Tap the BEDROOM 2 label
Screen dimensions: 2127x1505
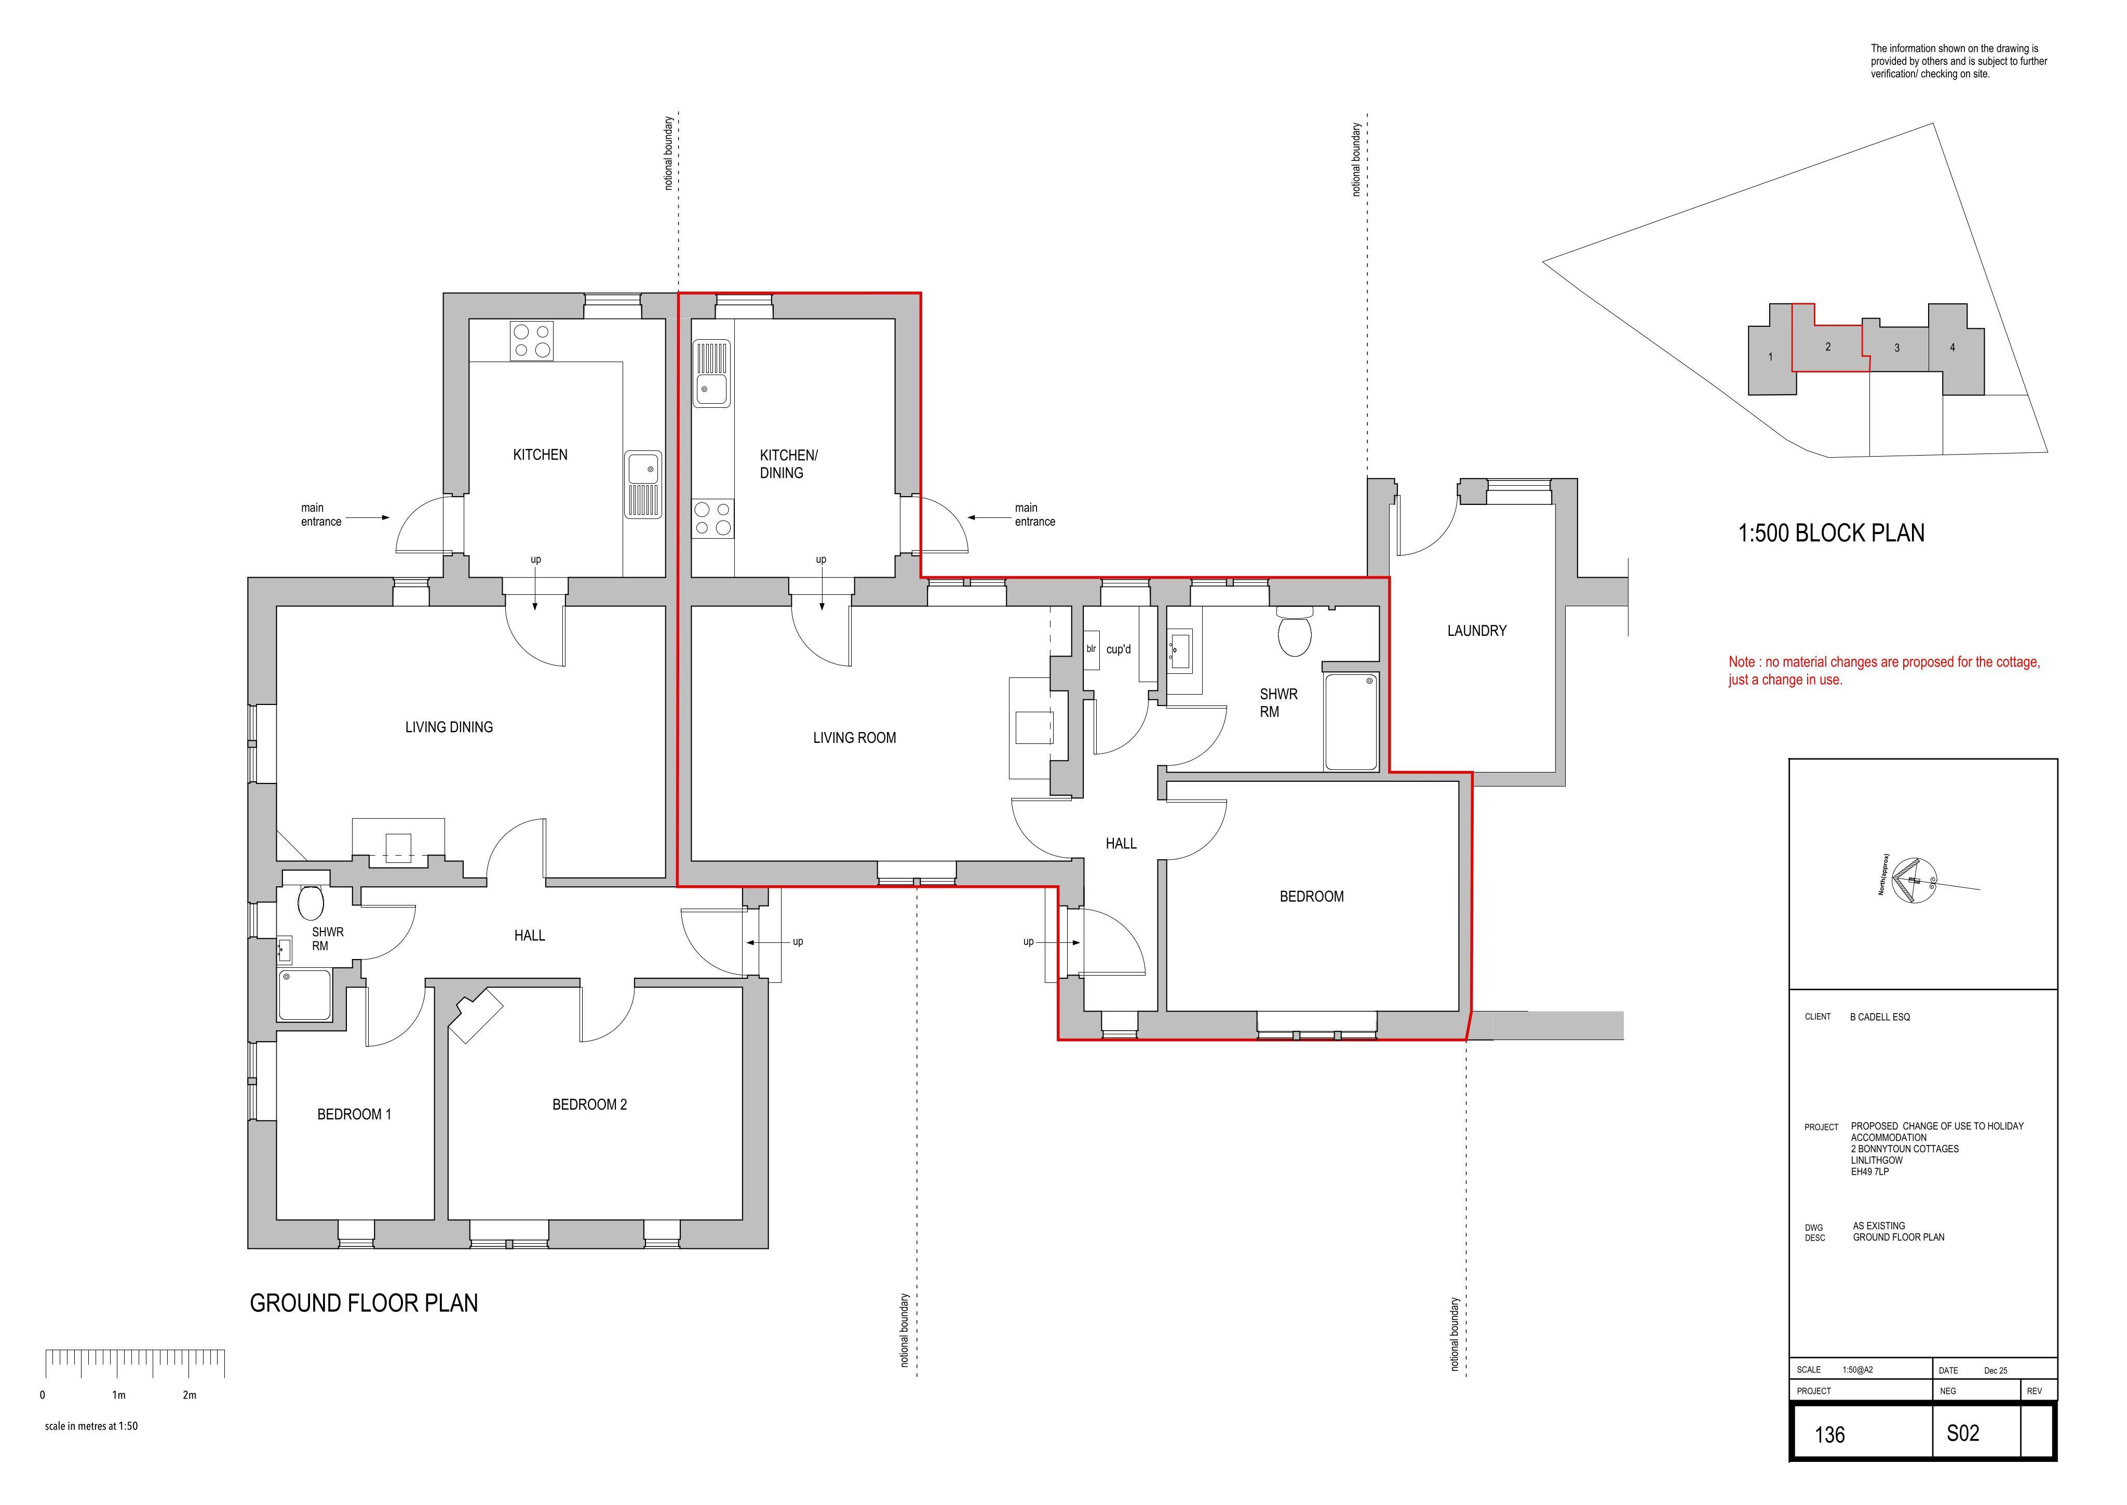point(589,1104)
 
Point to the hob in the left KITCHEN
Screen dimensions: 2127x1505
point(532,341)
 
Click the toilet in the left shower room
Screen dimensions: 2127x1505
point(311,901)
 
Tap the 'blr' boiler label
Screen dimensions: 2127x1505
point(1092,649)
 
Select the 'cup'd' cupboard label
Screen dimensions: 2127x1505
point(1118,649)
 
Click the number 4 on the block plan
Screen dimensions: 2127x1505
point(1953,348)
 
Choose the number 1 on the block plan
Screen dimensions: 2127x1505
point(1770,357)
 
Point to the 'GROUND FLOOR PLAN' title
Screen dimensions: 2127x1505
point(364,1303)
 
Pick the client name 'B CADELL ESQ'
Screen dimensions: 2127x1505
point(1880,1017)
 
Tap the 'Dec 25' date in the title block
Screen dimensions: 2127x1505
point(1996,1370)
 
